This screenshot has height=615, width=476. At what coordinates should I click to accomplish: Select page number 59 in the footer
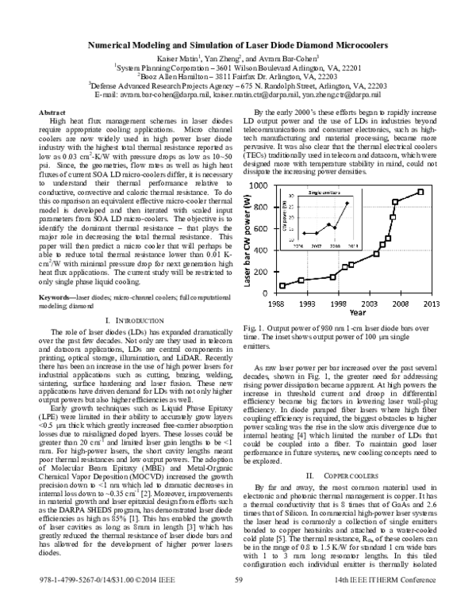pos(237,602)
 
